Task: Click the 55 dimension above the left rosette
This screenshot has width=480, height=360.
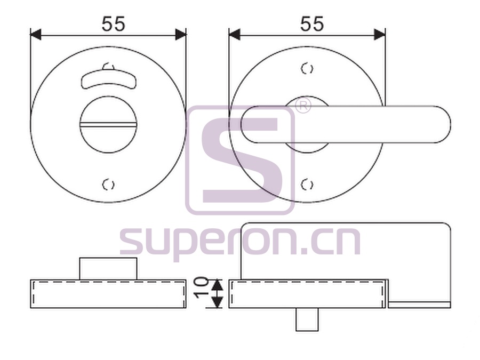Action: [x=114, y=24]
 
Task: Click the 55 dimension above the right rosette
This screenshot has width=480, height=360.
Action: [x=312, y=24]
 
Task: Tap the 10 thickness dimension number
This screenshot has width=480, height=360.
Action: [x=202, y=287]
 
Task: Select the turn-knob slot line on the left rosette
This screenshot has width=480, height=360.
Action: [x=108, y=125]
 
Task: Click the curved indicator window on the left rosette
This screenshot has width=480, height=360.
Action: [x=108, y=79]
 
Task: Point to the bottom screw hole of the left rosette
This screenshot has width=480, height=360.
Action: [x=108, y=185]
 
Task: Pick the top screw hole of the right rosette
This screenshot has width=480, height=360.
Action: [x=307, y=69]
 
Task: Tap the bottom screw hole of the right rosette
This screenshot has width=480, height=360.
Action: [x=307, y=185]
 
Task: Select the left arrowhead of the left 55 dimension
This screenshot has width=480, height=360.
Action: [x=36, y=35]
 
